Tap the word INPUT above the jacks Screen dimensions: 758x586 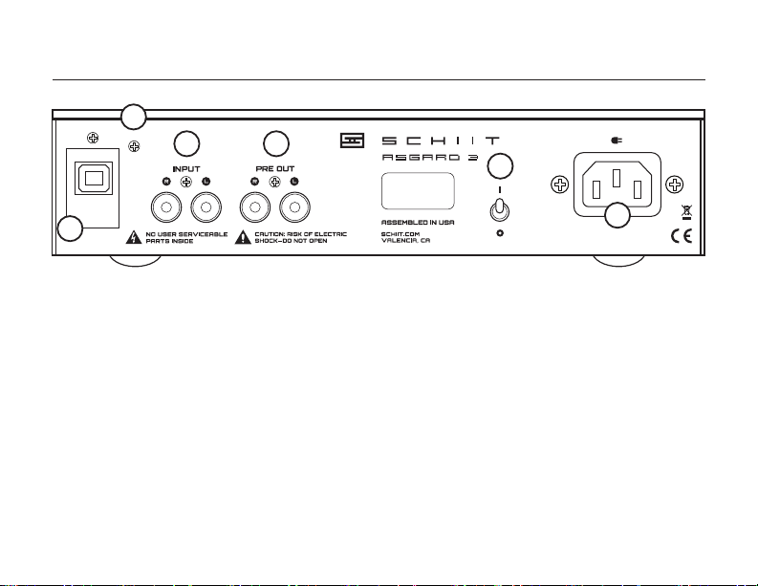click(x=185, y=167)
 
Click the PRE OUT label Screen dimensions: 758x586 click(x=276, y=167)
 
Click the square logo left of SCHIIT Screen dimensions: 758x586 click(x=353, y=141)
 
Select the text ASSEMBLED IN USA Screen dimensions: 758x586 click(x=414, y=223)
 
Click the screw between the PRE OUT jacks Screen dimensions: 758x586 click(x=276, y=182)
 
